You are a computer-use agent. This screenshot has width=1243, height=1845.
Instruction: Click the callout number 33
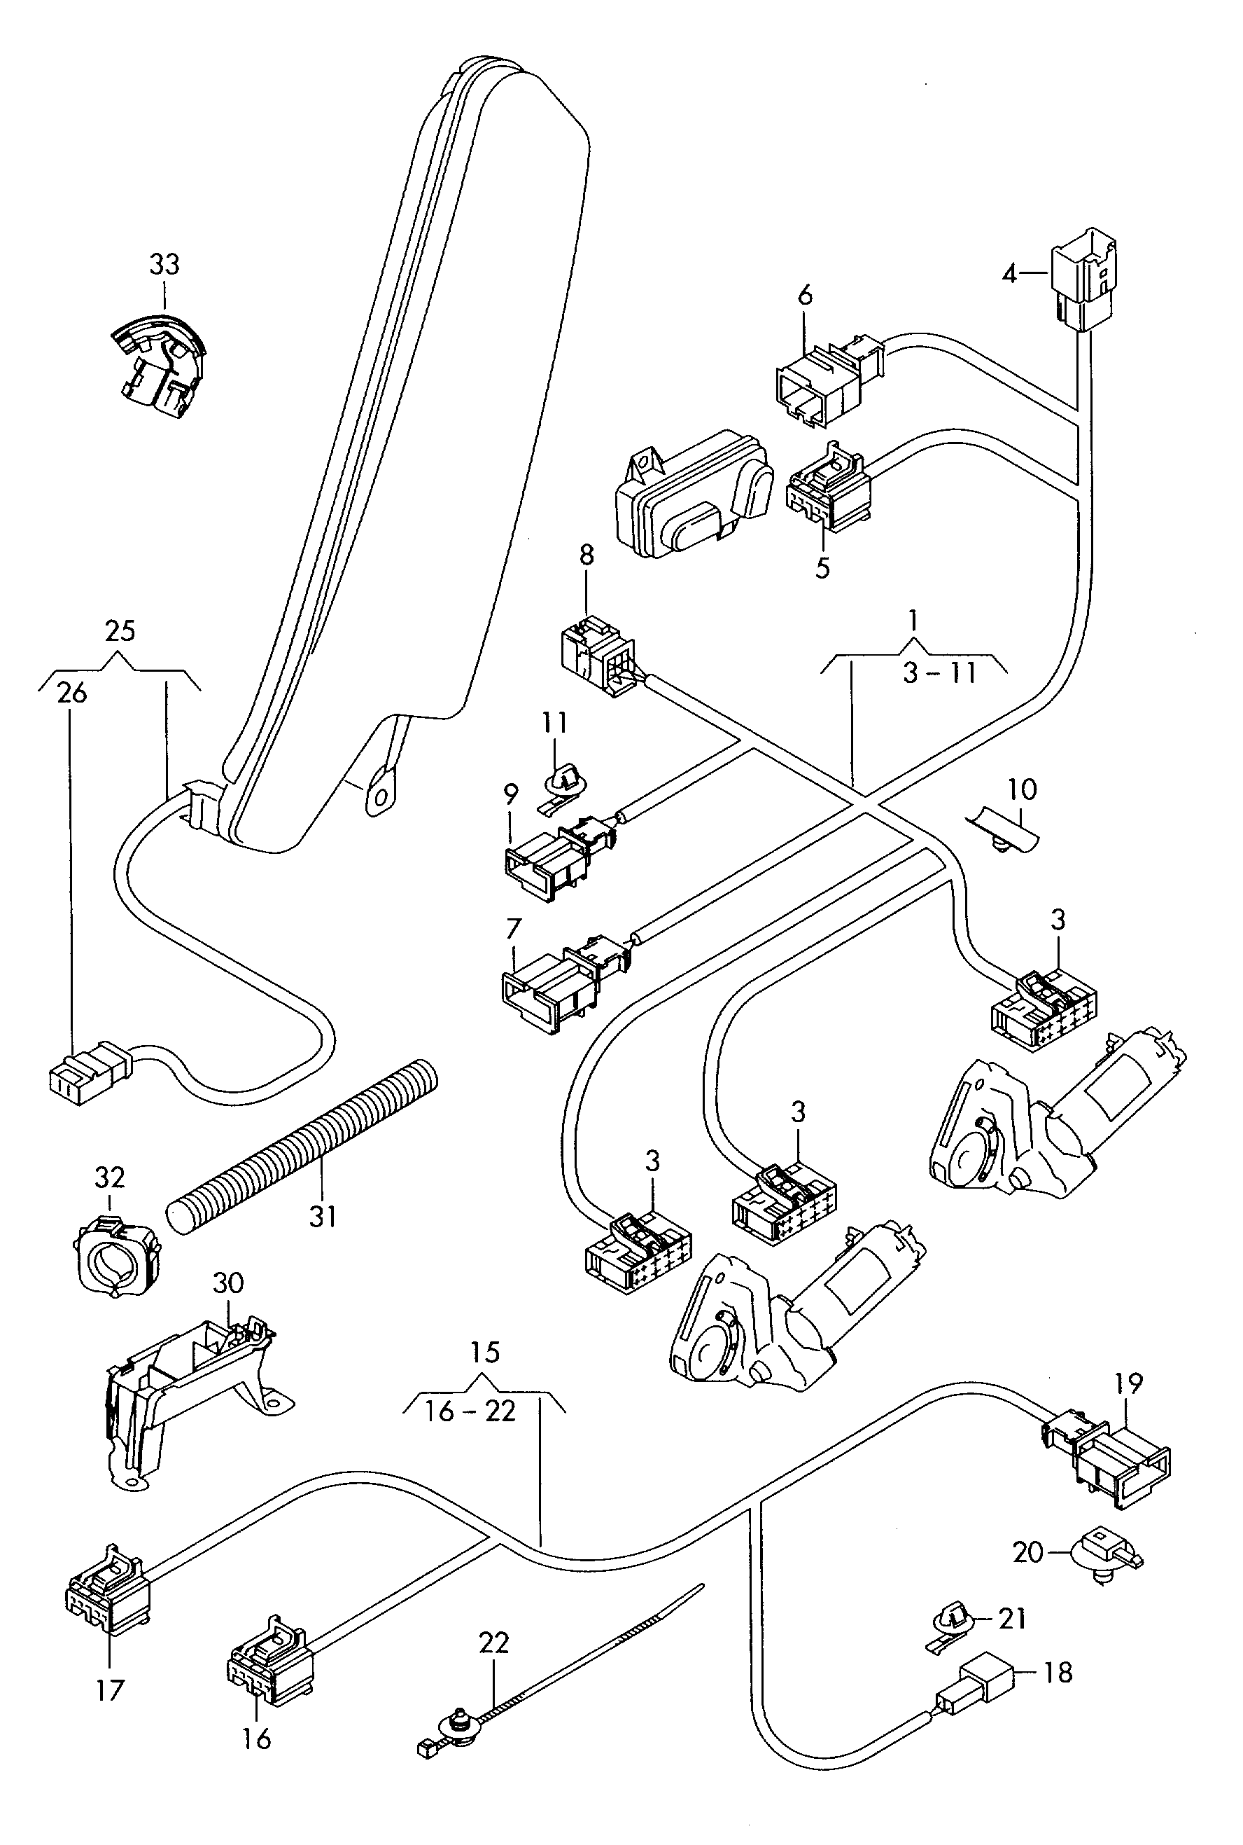[165, 264]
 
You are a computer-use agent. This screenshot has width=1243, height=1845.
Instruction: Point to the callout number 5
[822, 568]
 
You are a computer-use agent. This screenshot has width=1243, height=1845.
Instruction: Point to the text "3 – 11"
[939, 673]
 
